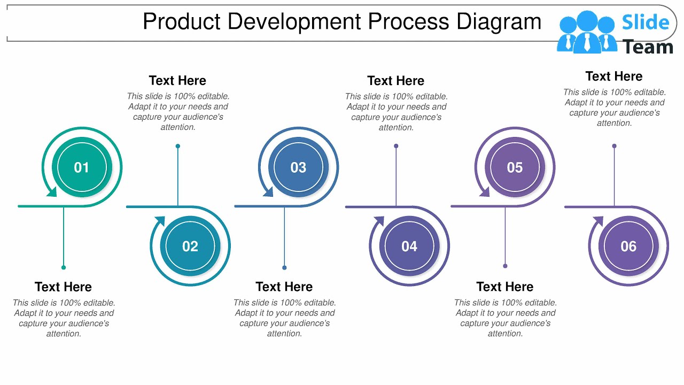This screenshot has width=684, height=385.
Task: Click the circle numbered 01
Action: coord(82,167)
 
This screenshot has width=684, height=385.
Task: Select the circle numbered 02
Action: coord(190,246)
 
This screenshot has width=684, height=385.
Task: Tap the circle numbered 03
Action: coord(298,167)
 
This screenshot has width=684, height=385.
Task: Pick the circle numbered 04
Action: coord(409,246)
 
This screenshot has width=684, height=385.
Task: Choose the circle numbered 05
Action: coord(515,167)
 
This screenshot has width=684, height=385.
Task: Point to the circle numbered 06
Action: coord(628,246)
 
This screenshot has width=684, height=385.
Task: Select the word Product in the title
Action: coord(182,22)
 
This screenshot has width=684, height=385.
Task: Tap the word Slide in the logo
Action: coord(646,22)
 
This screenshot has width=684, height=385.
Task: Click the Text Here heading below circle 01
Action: coord(63,287)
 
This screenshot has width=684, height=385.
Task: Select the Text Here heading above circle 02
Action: coord(177,81)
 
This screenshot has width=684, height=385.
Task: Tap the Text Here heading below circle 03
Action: coord(284,287)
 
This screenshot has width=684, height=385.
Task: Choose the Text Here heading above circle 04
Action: coord(395,81)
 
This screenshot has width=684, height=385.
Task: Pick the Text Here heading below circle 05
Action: coord(504,287)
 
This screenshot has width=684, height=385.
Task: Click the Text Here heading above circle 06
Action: coord(614,76)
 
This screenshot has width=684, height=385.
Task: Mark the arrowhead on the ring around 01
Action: coord(51,191)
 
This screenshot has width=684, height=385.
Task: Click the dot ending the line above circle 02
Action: coord(178,146)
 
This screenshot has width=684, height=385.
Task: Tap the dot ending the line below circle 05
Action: coord(505,266)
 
